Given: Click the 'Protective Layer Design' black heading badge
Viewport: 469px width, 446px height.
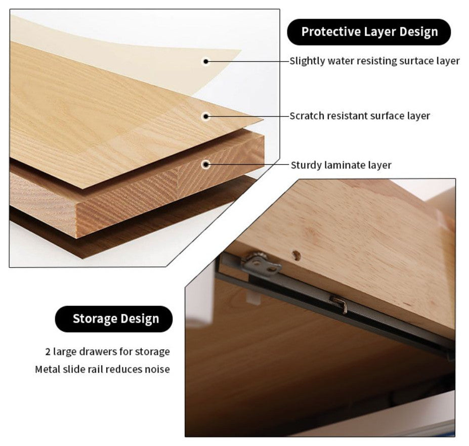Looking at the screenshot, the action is point(369,32).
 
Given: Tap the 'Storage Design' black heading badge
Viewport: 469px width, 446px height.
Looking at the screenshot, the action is point(114,319).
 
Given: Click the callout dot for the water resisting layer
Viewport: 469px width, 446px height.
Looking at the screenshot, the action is point(206,62).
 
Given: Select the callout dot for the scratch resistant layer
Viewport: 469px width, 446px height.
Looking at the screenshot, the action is point(206,116).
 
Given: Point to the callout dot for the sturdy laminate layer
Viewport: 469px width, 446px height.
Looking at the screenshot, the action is point(206,164).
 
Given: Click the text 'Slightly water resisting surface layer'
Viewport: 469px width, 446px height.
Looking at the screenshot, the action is point(374,61).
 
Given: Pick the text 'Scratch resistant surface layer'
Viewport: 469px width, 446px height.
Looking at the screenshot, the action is point(360,116).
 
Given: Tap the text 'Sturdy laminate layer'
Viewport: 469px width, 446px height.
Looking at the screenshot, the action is point(341,165).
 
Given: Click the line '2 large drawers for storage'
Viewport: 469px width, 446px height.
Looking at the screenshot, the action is point(107,351).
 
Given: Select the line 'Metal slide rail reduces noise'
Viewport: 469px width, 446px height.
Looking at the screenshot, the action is point(102,369).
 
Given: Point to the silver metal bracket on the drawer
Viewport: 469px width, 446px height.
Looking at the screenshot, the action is point(261,264).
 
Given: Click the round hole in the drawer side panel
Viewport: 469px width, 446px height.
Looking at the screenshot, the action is point(296,255).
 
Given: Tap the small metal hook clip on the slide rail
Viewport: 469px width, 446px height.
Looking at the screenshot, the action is point(339,304).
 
